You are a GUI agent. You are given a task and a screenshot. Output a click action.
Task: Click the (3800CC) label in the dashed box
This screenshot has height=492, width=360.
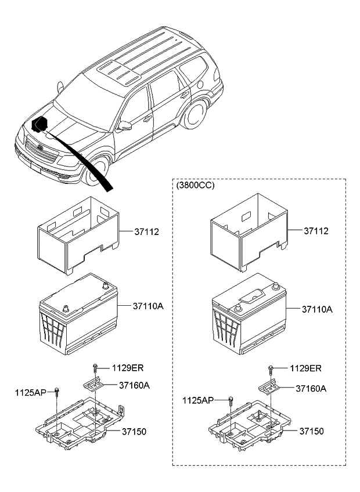pos(195,186)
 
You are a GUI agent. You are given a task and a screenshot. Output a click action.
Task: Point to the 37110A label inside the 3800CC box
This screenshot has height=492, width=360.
pos(317,310)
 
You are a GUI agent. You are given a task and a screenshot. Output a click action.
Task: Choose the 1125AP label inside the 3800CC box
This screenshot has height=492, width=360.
pos(198,400)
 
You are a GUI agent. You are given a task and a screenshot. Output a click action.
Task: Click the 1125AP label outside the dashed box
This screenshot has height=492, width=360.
pos(30,392)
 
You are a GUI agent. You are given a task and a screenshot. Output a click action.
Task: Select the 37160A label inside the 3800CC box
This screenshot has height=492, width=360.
pos(310,388)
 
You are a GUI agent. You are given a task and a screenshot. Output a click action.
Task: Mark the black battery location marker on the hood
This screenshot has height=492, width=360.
pos(39,125)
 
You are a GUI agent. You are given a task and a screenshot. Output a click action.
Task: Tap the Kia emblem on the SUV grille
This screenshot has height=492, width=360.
pos(42,149)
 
